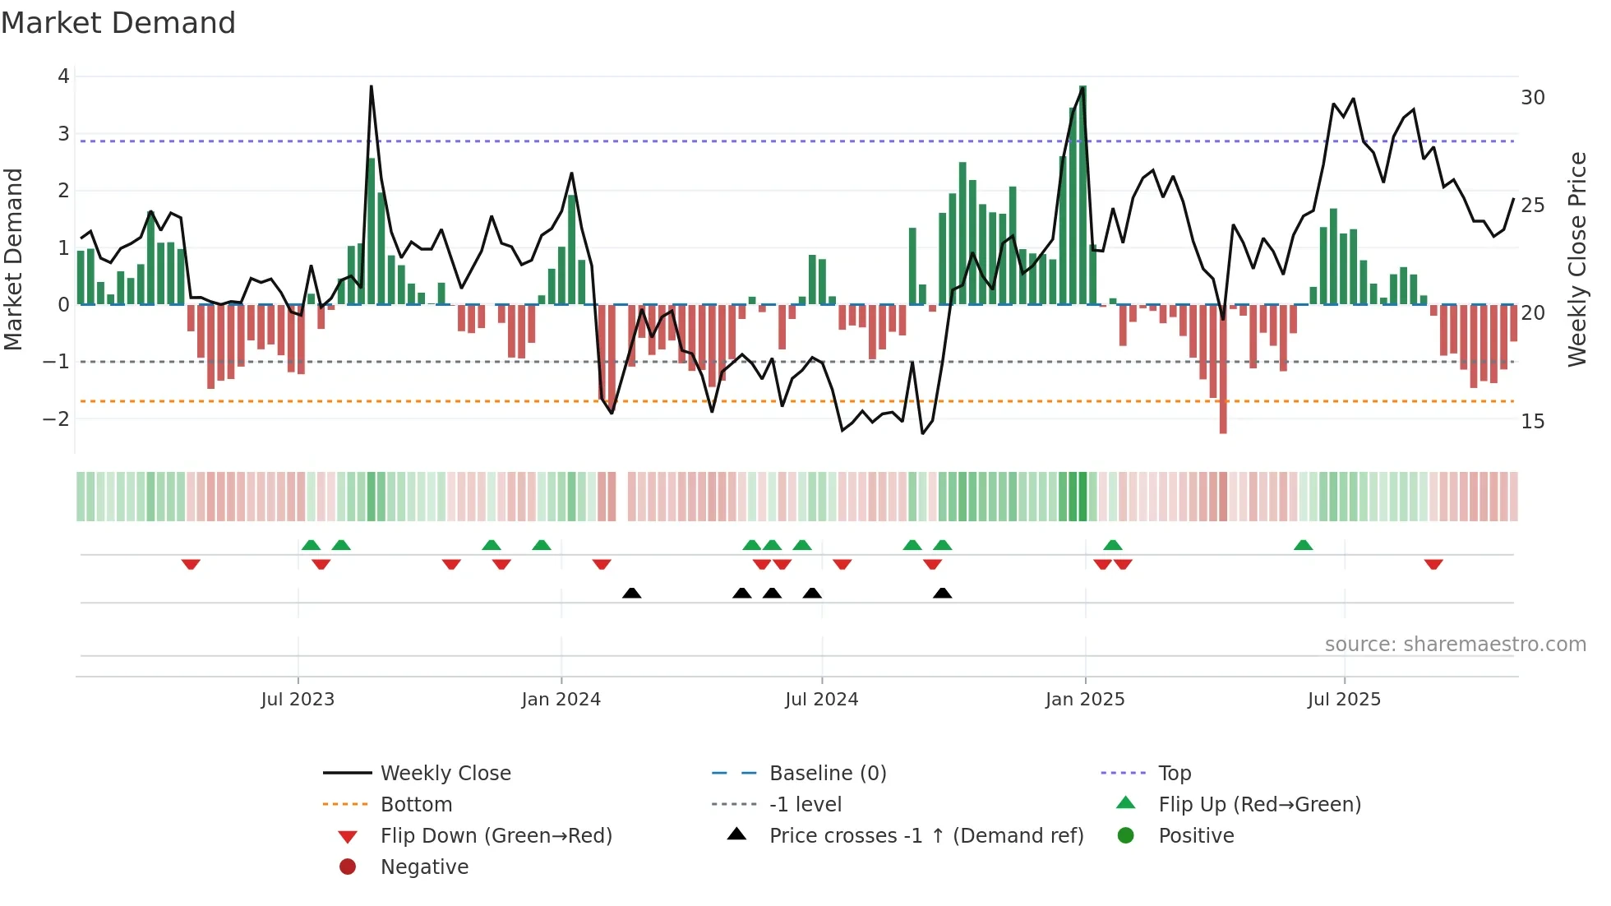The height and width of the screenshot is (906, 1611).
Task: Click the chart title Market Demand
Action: click(118, 23)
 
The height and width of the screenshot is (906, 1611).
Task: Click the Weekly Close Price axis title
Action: click(1576, 259)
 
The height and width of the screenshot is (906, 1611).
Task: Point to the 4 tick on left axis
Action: click(63, 76)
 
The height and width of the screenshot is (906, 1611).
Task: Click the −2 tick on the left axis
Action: click(56, 418)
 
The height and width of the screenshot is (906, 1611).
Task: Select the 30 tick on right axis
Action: click(1532, 98)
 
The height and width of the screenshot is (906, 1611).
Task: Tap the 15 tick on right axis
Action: click(1532, 422)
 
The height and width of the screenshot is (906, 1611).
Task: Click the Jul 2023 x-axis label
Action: click(298, 700)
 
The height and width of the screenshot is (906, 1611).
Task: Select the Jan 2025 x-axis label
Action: click(1084, 700)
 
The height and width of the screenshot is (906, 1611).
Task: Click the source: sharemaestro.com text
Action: click(1455, 645)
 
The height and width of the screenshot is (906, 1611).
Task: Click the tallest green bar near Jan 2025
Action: click(1082, 195)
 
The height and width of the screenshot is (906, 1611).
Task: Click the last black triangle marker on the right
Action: click(943, 594)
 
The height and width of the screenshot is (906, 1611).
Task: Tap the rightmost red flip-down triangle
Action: click(1433, 564)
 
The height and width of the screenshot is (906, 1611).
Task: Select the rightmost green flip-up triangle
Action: click(1303, 545)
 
